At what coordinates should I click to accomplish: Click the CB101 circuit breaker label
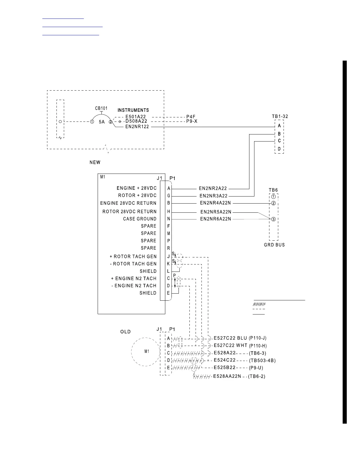[x=101, y=108]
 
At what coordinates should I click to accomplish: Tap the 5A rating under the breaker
[x=101, y=122]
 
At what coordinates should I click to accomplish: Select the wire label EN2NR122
[x=137, y=127]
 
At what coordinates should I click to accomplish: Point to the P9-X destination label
[x=192, y=121]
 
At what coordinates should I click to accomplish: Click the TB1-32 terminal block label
[x=280, y=116]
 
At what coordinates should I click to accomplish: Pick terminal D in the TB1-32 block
[x=279, y=149]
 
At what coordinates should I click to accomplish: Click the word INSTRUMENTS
[x=133, y=110]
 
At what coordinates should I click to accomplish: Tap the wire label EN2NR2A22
[x=213, y=189]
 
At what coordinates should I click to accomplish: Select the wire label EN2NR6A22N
[x=216, y=219]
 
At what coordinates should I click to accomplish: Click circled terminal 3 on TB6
[x=273, y=219]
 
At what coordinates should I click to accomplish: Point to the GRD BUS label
[x=274, y=245]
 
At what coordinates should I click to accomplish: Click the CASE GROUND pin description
[x=140, y=219]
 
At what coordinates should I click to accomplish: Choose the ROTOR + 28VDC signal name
[x=137, y=196]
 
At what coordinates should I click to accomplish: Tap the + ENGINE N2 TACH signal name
[x=134, y=278]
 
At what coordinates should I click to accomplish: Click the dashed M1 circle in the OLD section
[x=146, y=352]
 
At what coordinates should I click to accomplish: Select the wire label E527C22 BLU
[x=230, y=338]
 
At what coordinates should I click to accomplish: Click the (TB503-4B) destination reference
[x=262, y=360]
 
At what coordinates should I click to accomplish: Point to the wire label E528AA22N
[x=227, y=376]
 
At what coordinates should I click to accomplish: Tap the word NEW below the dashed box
[x=95, y=162]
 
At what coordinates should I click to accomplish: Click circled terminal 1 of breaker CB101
[x=92, y=122]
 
